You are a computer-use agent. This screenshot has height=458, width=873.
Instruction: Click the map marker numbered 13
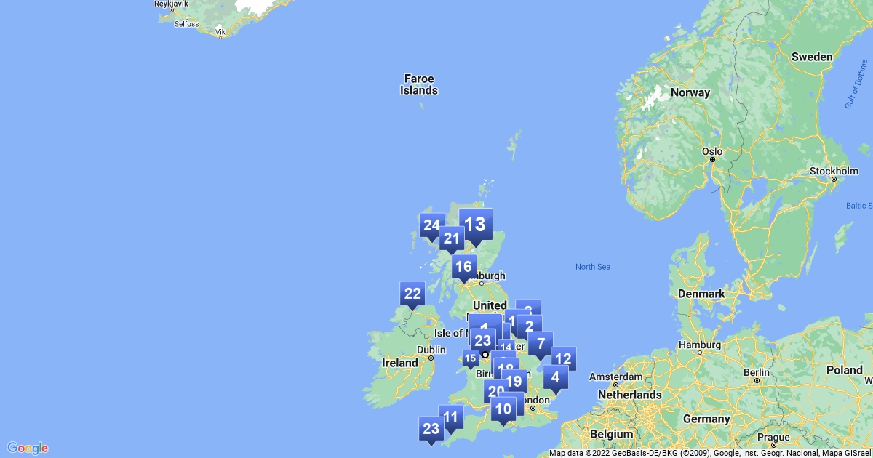(x=476, y=225)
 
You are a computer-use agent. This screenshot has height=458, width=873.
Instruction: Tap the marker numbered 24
(x=432, y=226)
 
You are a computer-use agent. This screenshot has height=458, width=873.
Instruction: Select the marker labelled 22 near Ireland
(x=412, y=294)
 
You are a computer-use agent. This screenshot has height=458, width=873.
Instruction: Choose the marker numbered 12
(x=563, y=359)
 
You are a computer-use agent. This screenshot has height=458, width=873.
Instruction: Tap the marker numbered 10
(x=503, y=409)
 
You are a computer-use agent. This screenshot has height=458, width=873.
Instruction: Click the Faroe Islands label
(x=419, y=84)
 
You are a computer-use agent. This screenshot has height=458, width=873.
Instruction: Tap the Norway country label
(x=690, y=92)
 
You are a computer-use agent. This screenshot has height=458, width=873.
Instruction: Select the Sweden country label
(x=811, y=56)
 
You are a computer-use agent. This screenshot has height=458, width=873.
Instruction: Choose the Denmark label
(x=701, y=294)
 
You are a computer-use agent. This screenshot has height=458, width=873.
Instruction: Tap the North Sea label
(x=593, y=267)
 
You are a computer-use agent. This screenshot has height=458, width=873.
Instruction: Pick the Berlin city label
(x=757, y=371)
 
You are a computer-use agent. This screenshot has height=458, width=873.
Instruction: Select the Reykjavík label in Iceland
(x=172, y=4)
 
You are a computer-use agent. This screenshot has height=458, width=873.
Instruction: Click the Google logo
(x=28, y=448)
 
